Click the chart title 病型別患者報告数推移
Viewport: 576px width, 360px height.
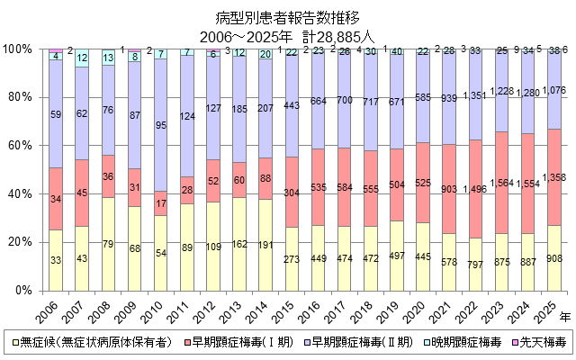pyautogui.click(x=287, y=17)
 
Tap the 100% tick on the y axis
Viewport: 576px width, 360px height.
pyautogui.click(x=20, y=49)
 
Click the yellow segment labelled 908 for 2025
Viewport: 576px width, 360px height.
pyautogui.click(x=555, y=258)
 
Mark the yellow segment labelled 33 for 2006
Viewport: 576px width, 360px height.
pyautogui.click(x=56, y=260)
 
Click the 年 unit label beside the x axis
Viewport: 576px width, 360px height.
pyautogui.click(x=565, y=317)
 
